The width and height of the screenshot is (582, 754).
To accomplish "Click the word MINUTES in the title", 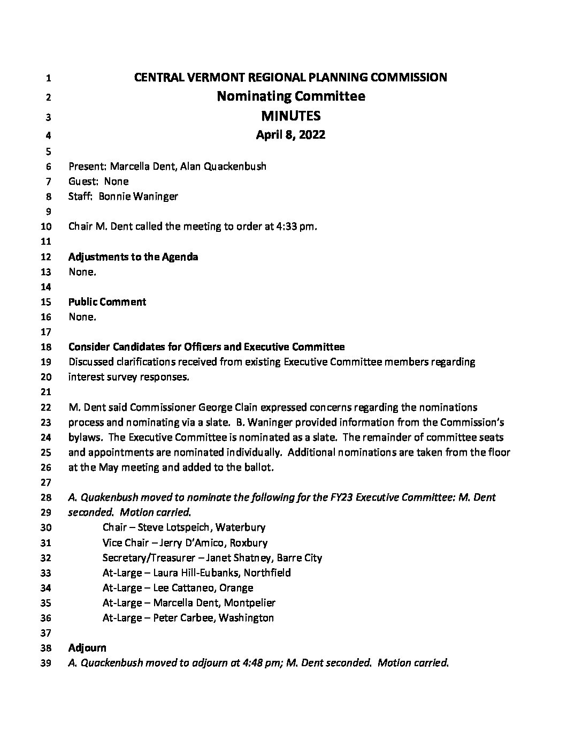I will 290,116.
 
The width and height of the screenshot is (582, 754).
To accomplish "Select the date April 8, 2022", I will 290,135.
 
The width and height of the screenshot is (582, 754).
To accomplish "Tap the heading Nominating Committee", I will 290,96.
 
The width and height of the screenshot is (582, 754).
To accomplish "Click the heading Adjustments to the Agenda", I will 133,257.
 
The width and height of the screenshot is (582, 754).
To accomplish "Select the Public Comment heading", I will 107,302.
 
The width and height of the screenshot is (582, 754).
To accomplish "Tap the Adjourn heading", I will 87,648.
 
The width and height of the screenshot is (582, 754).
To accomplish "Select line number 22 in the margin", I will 46,408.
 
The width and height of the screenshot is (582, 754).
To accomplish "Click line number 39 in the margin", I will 46,663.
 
